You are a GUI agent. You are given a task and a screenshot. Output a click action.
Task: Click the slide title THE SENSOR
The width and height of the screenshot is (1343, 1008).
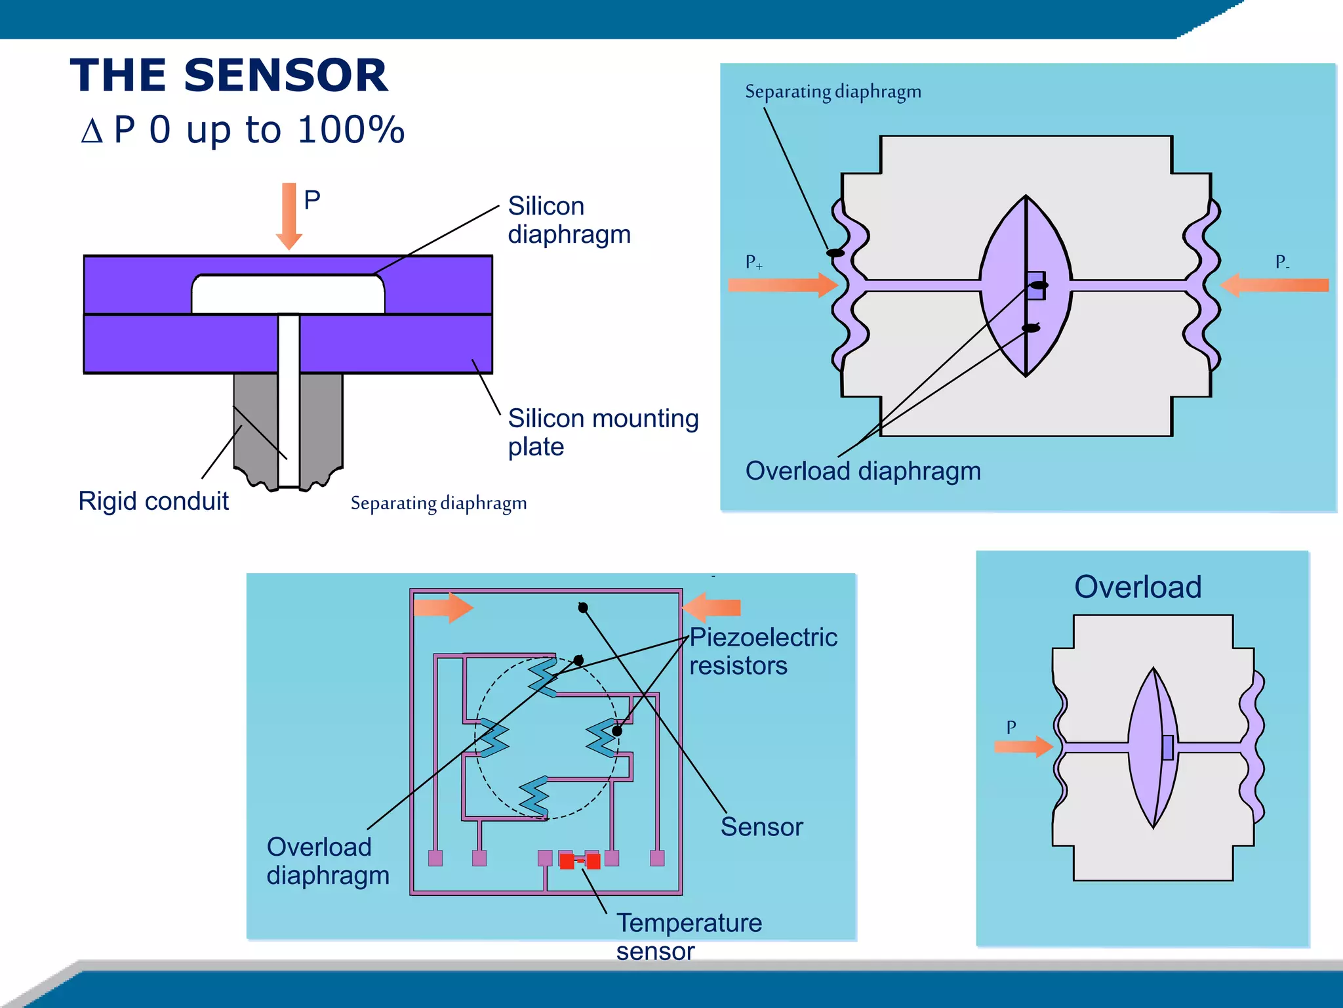(229, 75)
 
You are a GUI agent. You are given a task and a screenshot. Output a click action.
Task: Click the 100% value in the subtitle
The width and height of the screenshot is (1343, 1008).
(350, 130)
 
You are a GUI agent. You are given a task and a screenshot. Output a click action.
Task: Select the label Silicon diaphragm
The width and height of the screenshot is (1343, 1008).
(568, 220)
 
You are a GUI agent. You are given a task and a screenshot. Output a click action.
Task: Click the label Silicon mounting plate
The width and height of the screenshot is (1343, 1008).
(602, 432)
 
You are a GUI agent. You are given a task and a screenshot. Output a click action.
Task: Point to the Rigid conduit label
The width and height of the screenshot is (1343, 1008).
(153, 501)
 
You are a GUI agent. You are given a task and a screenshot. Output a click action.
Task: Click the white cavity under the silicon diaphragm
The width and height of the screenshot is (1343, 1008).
(288, 295)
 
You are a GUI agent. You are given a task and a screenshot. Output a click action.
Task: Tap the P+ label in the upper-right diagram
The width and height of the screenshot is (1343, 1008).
(753, 262)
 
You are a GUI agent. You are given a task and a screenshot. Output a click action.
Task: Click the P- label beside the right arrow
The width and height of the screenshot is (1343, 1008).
(1281, 262)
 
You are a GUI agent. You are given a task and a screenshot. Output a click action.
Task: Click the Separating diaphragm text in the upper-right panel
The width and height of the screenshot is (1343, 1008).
(833, 92)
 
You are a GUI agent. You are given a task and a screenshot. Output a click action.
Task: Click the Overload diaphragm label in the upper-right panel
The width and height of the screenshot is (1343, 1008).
(863, 471)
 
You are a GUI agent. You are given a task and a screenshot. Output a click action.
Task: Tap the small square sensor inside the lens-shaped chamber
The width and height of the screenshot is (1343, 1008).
(1036, 286)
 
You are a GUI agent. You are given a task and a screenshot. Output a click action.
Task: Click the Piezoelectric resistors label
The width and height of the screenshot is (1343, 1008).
(763, 651)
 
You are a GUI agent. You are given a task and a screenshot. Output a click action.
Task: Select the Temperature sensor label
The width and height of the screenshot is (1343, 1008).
(688, 936)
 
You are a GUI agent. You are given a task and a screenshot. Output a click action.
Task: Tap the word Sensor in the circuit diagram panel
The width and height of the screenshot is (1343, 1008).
(761, 827)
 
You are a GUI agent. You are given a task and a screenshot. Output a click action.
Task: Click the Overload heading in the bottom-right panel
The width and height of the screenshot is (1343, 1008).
(1138, 587)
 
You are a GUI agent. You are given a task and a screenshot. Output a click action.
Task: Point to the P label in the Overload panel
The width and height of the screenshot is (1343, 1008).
(1011, 727)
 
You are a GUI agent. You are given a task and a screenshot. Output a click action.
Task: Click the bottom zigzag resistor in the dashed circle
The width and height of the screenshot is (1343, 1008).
(534, 796)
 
